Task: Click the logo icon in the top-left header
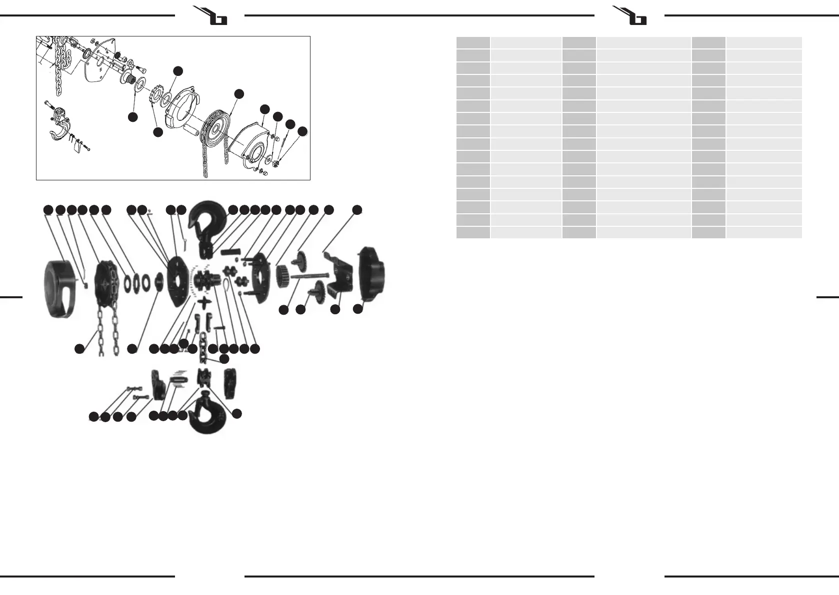pos(210,15)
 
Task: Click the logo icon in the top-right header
pos(630,15)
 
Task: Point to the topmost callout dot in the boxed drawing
pos(177,71)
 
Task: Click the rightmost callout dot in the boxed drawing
pos(302,131)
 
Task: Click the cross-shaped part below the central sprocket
pos(205,303)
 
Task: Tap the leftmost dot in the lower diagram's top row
pos(48,210)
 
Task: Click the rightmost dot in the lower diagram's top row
pos(356,210)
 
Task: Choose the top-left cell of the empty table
pos(473,42)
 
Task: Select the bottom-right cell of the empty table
pos(763,232)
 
